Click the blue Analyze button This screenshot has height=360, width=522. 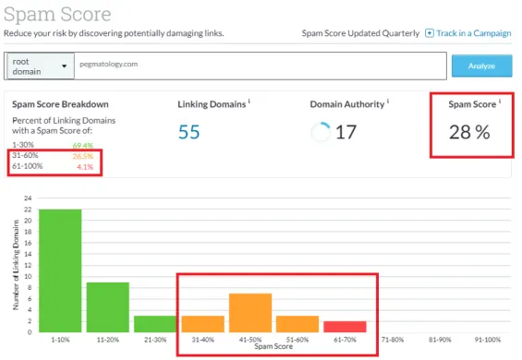pyautogui.click(x=480, y=66)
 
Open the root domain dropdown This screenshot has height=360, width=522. pyautogui.click(x=41, y=66)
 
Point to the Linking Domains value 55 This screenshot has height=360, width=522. pyautogui.click(x=189, y=132)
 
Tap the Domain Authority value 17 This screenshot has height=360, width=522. pyautogui.click(x=346, y=132)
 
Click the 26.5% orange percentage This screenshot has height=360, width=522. pyautogui.click(x=84, y=157)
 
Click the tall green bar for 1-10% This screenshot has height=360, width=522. pyautogui.click(x=60, y=270)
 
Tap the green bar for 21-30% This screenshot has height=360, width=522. pyautogui.click(x=155, y=323)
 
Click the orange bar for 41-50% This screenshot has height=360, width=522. pyautogui.click(x=250, y=312)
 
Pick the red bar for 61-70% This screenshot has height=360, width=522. pyautogui.click(x=345, y=326)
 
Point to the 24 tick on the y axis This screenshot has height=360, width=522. pyautogui.click(x=29, y=198)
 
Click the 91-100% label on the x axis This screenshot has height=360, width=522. pyautogui.click(x=486, y=339)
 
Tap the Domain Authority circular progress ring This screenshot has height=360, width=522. pyautogui.click(x=321, y=132)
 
